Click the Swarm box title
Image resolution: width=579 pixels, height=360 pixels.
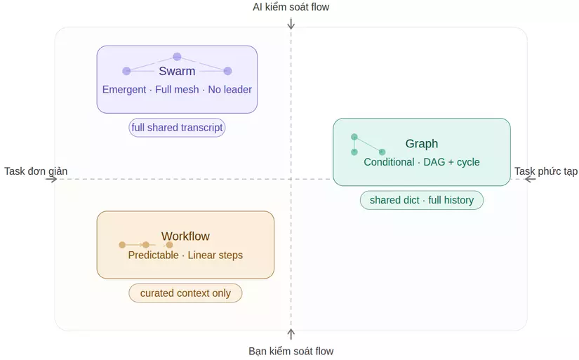177,71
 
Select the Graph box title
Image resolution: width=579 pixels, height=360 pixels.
421,144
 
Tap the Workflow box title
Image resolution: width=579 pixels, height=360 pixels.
185,236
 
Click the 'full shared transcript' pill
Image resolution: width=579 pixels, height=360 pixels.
177,128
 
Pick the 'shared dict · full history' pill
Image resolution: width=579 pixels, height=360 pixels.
422,200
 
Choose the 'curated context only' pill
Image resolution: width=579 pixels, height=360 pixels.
185,293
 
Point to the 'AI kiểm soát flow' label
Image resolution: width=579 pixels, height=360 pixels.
291,7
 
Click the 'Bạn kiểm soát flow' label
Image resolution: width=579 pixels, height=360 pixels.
291,351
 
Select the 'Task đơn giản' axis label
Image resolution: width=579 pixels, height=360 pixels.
36,171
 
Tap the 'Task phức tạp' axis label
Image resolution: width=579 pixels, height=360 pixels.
546,171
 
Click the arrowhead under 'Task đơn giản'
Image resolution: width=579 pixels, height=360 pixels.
52,179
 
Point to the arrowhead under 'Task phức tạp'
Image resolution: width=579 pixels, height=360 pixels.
530,179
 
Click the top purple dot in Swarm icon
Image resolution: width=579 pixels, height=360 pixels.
177,57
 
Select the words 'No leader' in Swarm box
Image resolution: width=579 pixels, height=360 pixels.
229,90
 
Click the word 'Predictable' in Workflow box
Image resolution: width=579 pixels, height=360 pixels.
153,255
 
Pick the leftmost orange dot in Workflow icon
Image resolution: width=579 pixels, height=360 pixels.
122,245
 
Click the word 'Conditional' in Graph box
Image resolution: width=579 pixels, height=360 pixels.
389,162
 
